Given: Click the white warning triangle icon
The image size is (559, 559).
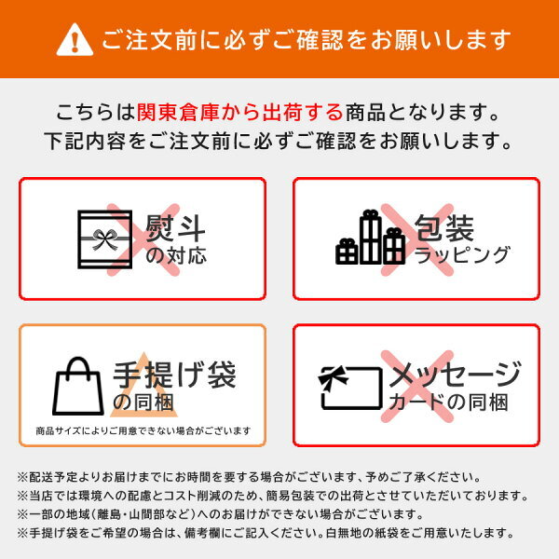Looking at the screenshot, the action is pos(75,40).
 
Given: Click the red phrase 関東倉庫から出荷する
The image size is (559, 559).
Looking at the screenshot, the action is pos(240,112).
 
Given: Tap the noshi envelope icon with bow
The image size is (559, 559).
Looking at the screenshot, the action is pos(104,239).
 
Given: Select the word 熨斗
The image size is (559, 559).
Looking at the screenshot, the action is pos(175,228).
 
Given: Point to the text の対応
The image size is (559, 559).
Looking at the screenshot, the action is pos(176,255).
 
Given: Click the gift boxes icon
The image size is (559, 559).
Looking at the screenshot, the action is pos(370,237).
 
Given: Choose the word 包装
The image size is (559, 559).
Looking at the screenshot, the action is pos(444,228).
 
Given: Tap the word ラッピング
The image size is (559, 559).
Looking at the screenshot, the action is pos(462,255).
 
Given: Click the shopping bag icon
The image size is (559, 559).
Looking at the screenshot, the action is pos(78,386).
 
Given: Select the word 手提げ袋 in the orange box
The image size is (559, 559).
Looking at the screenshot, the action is pos(175,375).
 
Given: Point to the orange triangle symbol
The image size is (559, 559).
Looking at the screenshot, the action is pos(143,385).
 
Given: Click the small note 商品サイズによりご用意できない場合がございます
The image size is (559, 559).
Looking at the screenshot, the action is pos(143,431).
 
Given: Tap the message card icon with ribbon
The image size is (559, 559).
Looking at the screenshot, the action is pos(350,388).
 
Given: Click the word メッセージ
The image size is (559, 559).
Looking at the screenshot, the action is pos(456,375).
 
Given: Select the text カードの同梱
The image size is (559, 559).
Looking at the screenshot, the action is pos(448,402).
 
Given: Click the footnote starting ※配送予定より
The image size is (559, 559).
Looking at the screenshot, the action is pos(250,477).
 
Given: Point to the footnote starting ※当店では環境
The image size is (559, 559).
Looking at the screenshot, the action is pos(273,496).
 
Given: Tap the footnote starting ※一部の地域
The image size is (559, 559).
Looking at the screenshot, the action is pos(220,514).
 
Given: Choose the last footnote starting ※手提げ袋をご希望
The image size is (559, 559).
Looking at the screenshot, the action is pos(266,533).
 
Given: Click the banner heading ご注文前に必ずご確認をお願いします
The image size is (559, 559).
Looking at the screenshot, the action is pos(307,39).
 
